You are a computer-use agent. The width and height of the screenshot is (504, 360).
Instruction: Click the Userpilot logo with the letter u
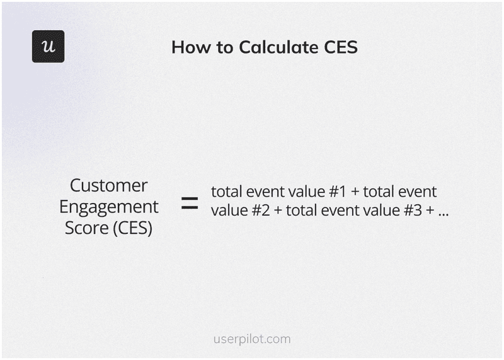pos(48,46)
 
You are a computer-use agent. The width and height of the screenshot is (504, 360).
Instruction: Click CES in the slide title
pos(341,47)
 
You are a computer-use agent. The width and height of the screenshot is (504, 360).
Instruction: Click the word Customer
pos(109,185)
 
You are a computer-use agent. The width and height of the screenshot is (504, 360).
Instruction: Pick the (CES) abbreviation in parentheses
pos(133,228)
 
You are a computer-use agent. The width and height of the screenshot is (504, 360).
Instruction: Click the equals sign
pos(190,203)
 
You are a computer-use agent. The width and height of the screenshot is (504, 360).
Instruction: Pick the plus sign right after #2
pos(278,211)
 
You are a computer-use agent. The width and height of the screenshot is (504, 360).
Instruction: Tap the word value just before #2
pos(229,211)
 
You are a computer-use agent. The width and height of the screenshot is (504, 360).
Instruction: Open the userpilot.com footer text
pos(252,339)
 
